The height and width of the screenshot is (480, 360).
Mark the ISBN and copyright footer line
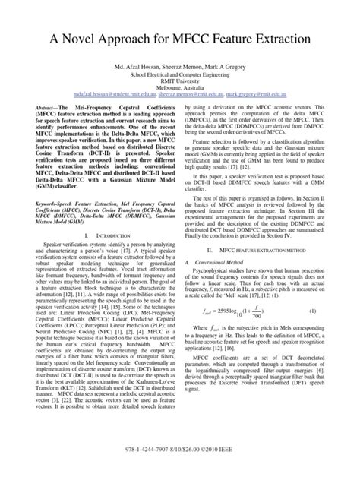[x=179, y=465]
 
